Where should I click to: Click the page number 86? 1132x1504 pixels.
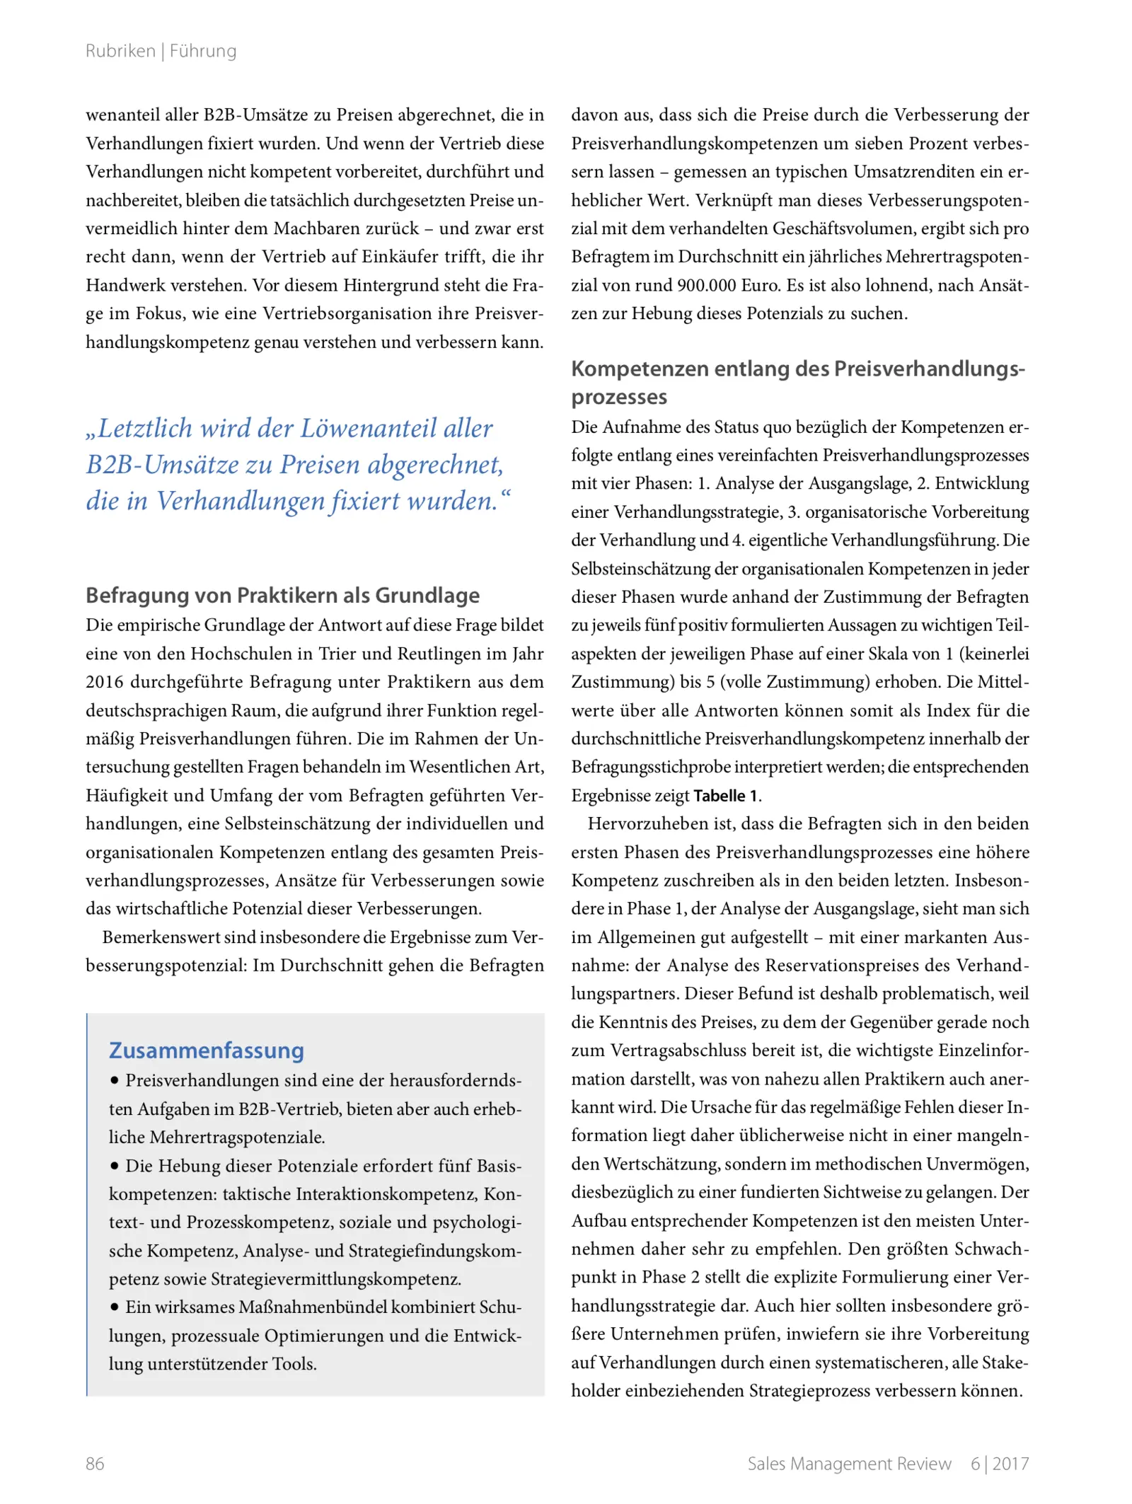(95, 1463)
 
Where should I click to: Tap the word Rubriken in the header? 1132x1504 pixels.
(120, 51)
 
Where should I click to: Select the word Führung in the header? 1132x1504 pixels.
(203, 51)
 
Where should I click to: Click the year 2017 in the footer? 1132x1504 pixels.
(1010, 1463)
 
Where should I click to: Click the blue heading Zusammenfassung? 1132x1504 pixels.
(207, 1051)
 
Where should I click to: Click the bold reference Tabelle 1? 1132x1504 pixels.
(726, 796)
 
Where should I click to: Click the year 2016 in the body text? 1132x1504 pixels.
(105, 682)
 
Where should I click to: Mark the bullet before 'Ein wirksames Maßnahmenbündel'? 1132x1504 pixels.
(115, 1307)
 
